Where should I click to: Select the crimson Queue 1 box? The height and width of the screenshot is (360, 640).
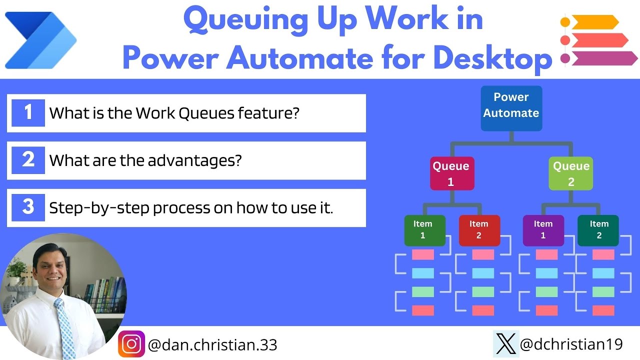(452, 173)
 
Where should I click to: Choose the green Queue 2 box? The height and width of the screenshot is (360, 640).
(570, 173)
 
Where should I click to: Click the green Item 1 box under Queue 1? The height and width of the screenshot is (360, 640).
(424, 230)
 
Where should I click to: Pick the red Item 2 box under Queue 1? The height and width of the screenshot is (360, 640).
(479, 230)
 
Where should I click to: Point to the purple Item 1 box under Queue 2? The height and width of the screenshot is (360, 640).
(543, 230)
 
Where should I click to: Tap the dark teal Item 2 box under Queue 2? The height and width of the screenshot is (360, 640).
(598, 230)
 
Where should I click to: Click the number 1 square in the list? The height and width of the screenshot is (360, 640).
(28, 112)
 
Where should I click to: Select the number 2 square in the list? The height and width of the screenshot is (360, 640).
(28, 160)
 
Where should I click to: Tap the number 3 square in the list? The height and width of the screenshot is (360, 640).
(28, 207)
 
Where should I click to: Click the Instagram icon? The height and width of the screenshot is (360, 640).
(131, 344)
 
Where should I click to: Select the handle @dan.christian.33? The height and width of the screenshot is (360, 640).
(212, 344)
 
